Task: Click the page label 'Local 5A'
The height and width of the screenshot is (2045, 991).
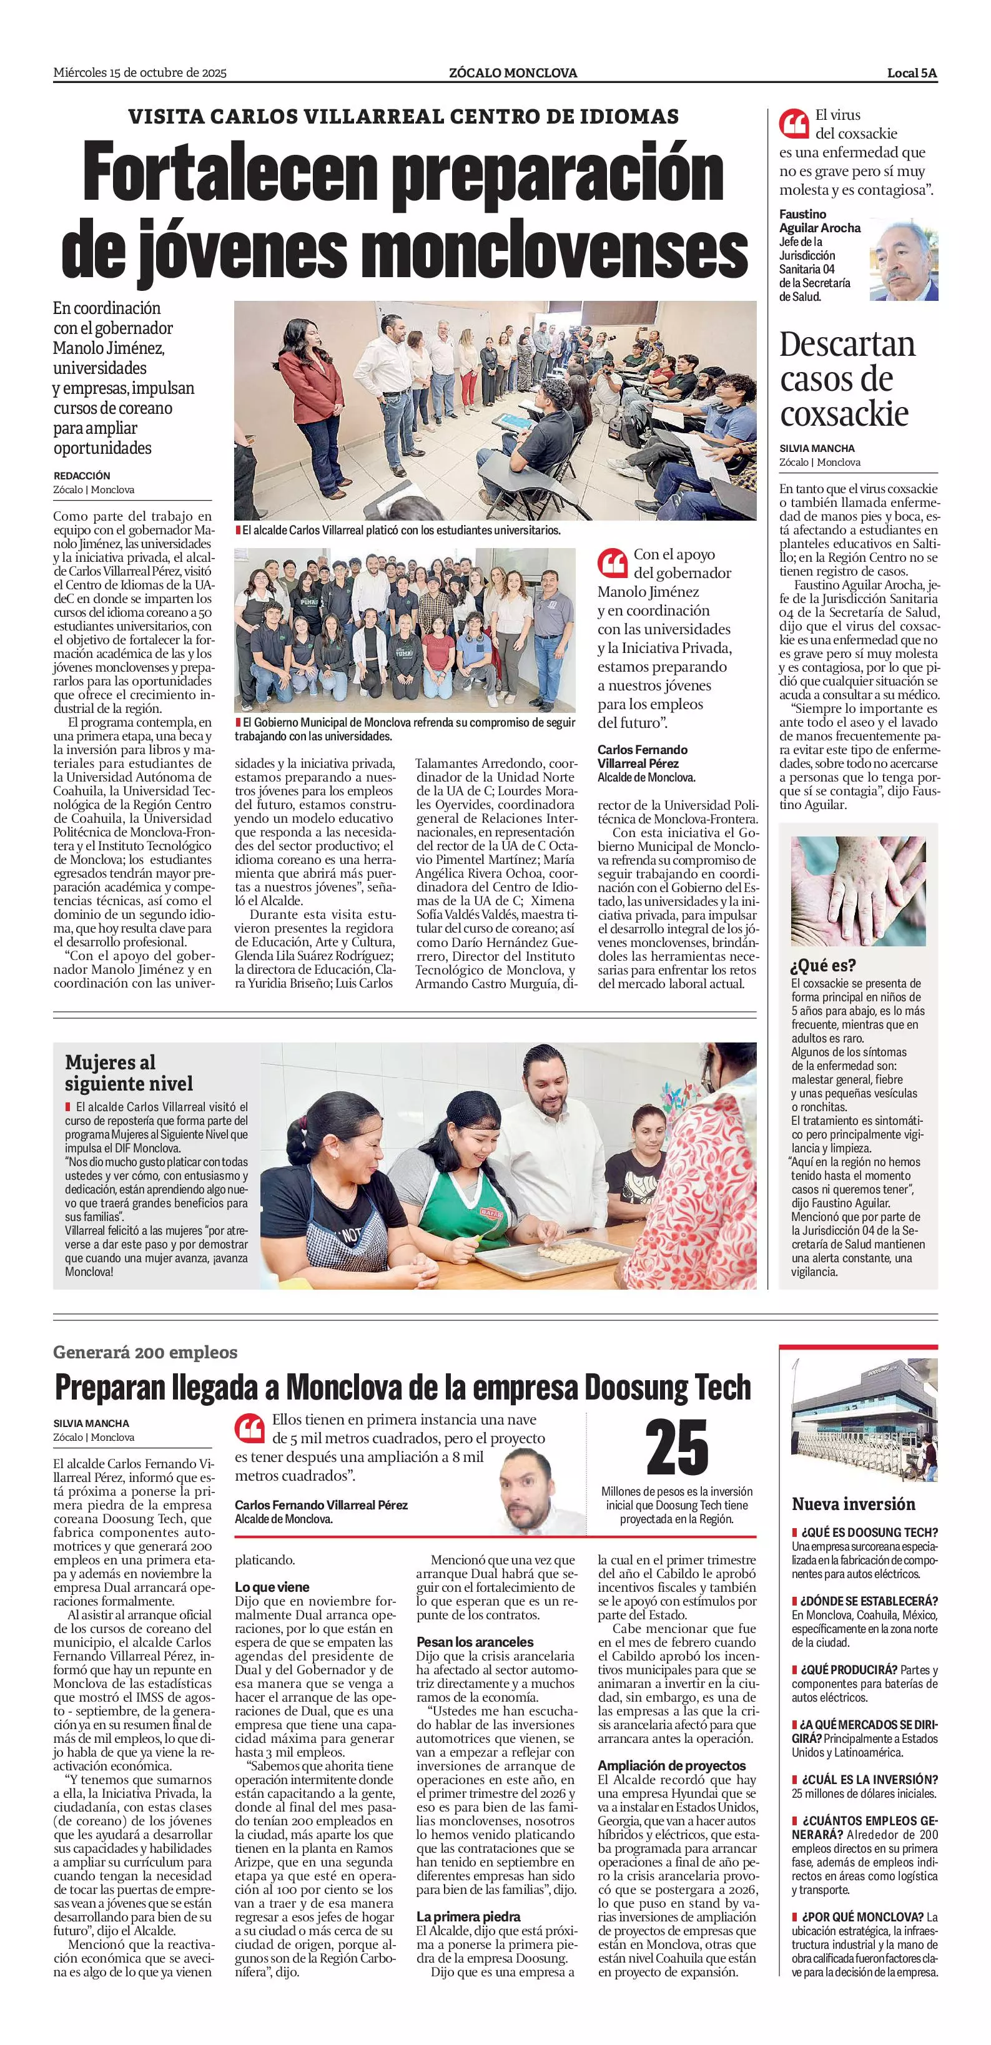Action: click(x=912, y=73)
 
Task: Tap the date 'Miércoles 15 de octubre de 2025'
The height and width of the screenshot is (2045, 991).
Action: click(x=140, y=73)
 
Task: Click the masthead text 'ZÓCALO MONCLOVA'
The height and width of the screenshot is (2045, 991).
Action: click(x=512, y=73)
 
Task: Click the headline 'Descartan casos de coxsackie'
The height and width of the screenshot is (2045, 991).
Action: click(x=847, y=379)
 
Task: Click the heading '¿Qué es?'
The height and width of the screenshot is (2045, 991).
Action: click(x=822, y=965)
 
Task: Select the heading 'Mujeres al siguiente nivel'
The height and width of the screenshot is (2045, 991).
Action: click(x=129, y=1072)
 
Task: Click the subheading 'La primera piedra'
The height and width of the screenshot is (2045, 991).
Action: click(x=468, y=1916)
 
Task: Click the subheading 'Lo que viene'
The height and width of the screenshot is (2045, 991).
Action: click(x=272, y=1587)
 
